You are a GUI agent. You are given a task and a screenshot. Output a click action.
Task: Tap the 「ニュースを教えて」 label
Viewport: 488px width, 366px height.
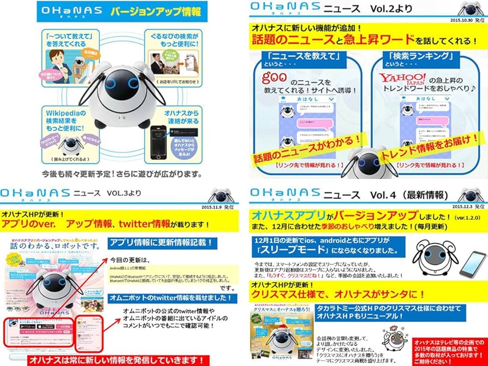tap(300, 56)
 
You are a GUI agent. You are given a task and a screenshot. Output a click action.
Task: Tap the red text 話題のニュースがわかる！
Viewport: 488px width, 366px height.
tap(300, 151)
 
